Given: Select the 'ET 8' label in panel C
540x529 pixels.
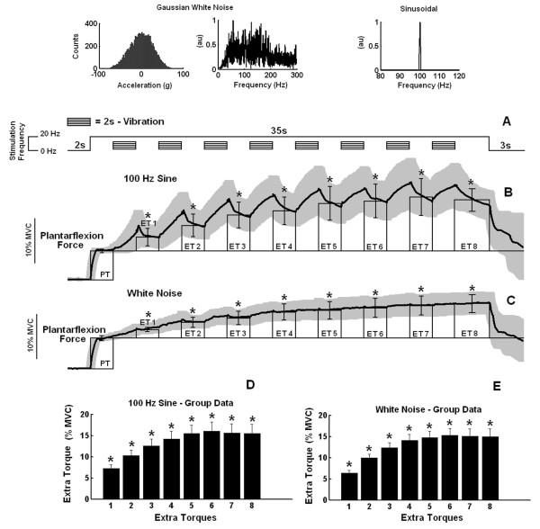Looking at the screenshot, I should point(470,333).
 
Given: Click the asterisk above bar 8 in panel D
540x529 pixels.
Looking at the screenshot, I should point(252,419).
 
